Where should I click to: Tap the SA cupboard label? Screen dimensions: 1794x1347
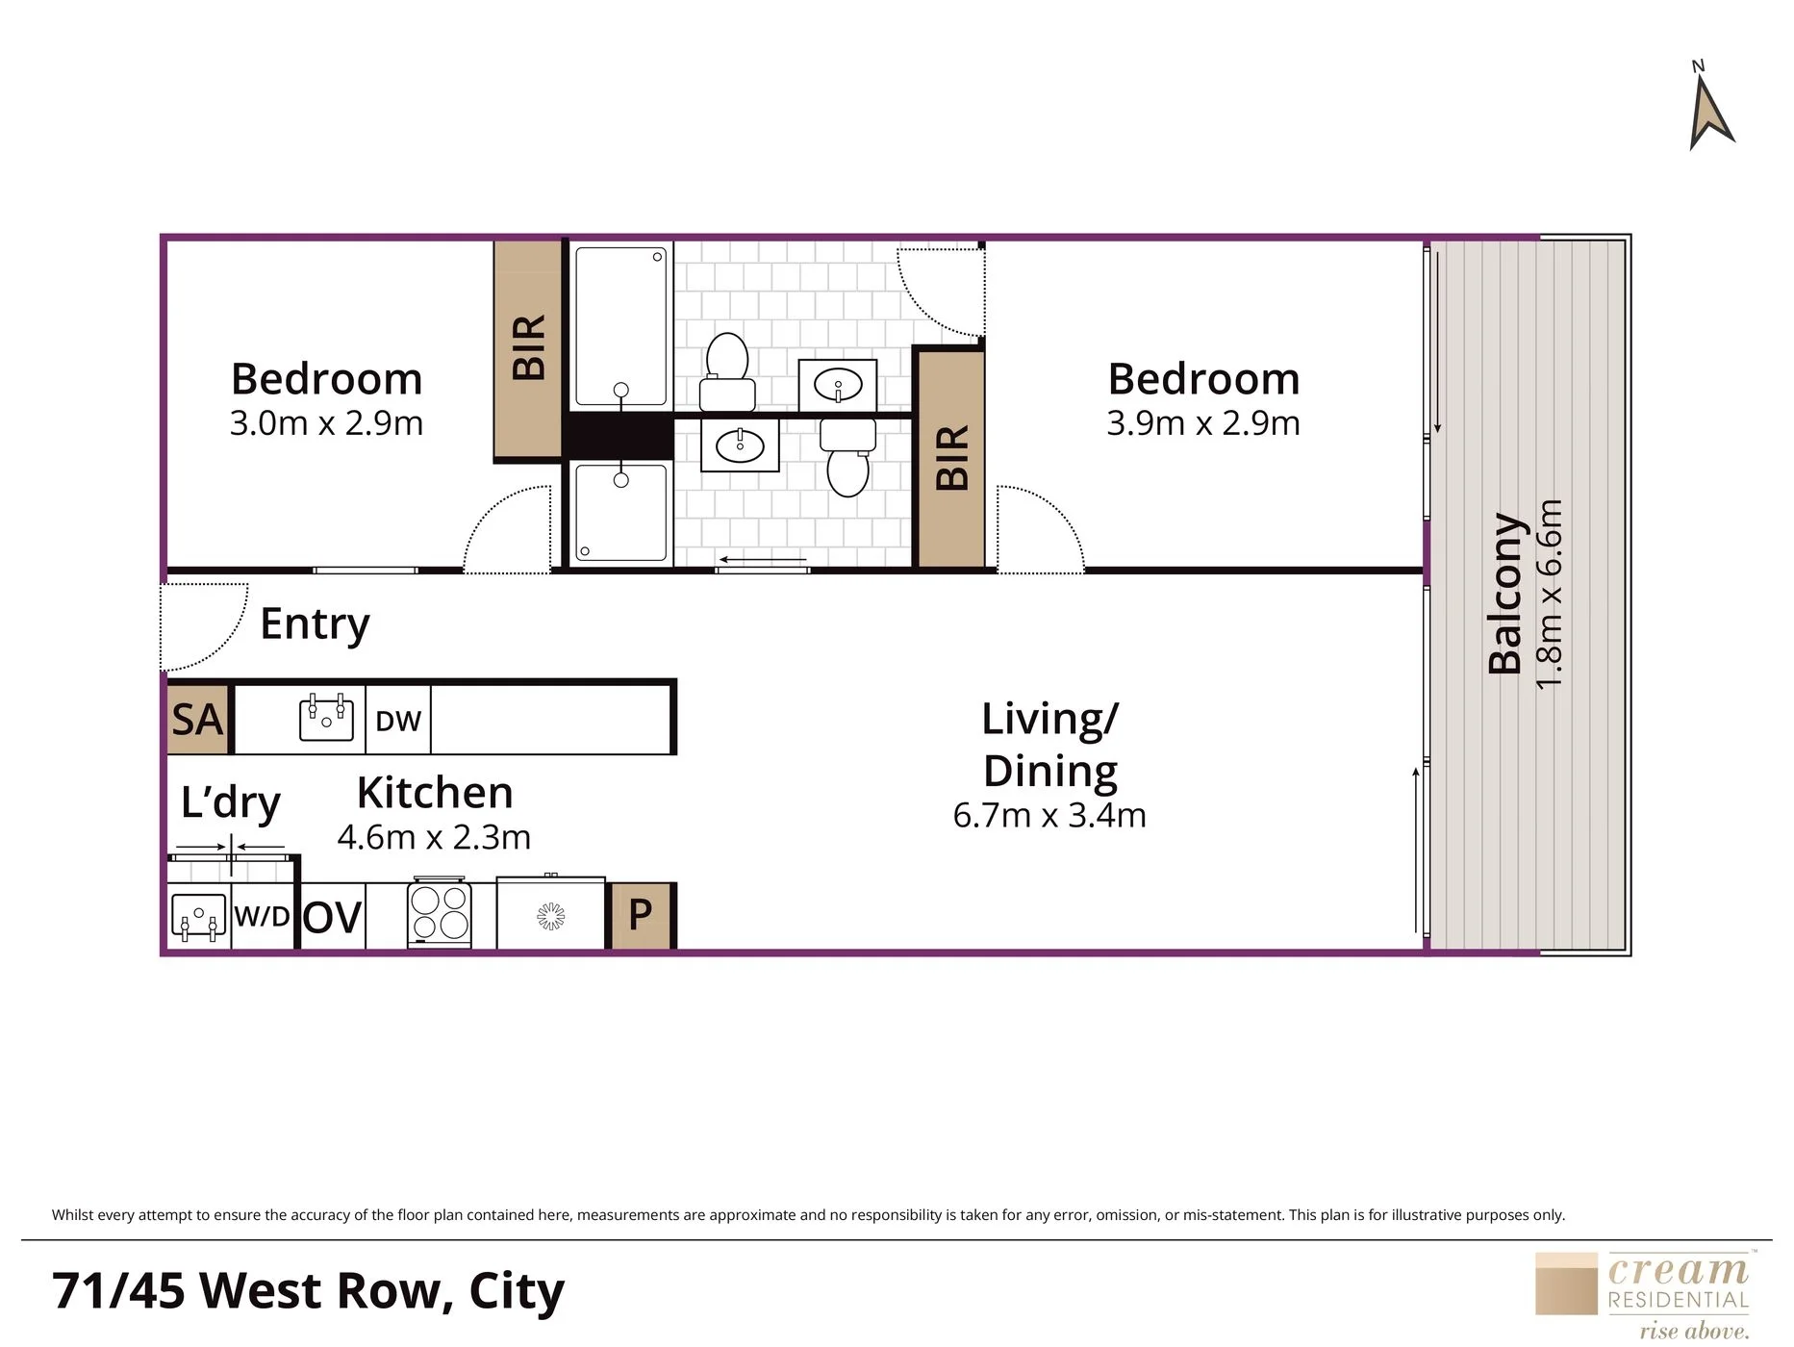pos(197,720)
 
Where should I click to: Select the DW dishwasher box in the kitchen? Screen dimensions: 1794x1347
pos(398,720)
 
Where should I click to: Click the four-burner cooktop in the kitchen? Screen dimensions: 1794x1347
pos(440,912)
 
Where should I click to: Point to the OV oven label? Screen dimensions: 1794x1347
pos(332,918)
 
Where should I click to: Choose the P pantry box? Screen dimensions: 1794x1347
pos(641,915)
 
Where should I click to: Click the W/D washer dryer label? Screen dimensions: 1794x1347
pos(262,916)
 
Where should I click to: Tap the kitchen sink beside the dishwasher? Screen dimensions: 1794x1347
pos(327,718)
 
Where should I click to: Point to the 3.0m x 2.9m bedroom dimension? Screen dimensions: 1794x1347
pos(327,423)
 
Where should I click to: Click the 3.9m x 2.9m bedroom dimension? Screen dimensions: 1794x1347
pos(1203,423)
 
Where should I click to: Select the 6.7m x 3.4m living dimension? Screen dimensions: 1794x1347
pos(1049,816)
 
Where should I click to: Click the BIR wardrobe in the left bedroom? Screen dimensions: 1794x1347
pos(528,348)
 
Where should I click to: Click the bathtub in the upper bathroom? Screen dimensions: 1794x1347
pos(620,326)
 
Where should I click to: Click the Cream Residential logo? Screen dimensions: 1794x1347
pos(1642,1295)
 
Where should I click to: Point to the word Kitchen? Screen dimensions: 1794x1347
pos(435,793)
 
